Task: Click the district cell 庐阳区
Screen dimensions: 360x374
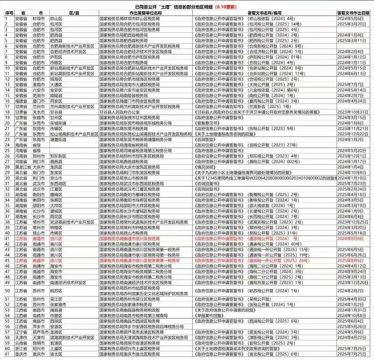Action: point(56,57)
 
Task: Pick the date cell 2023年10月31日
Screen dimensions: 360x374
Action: point(352,112)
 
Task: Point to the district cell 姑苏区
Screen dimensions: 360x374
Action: point(56,291)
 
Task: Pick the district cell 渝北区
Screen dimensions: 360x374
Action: point(56,354)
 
